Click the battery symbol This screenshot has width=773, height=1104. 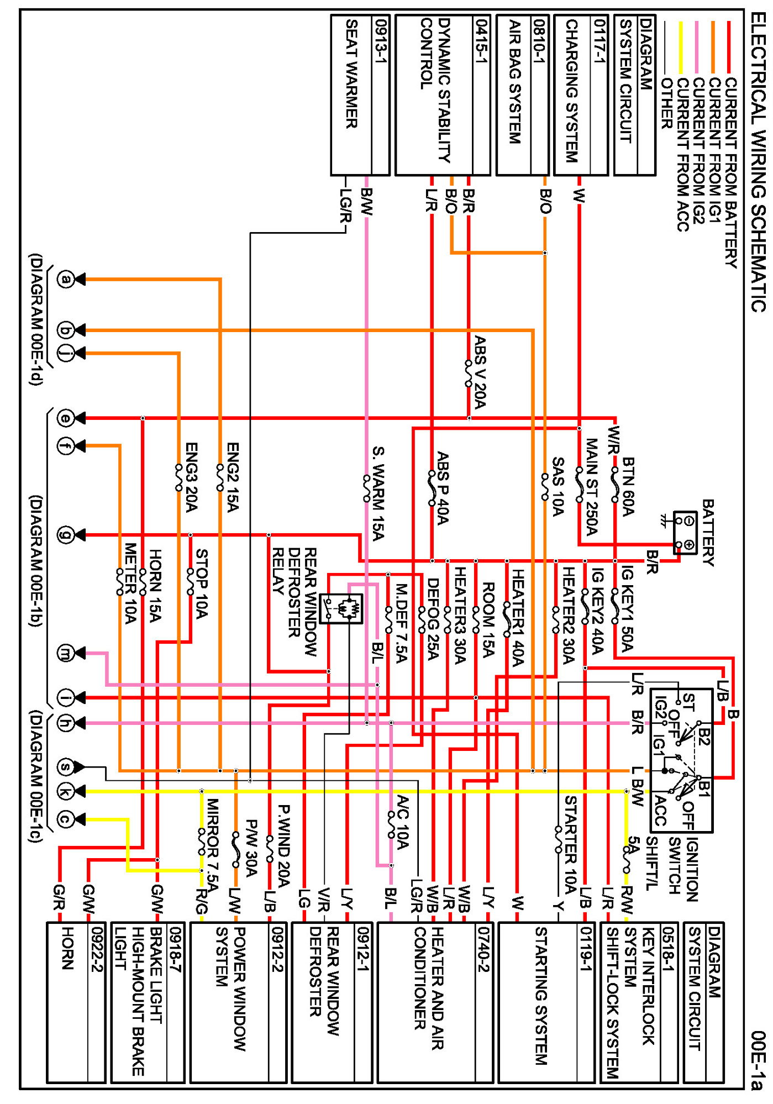[685, 533]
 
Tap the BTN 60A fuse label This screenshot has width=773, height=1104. [628, 486]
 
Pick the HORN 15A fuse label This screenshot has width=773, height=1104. [155, 585]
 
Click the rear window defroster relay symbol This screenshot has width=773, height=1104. [341, 608]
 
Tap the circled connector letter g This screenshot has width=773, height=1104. [66, 535]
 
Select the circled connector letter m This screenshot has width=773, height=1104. [66, 653]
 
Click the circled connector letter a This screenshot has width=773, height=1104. [66, 279]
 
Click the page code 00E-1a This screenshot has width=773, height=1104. [759, 1060]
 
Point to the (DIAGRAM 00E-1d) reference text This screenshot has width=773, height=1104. [36, 319]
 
